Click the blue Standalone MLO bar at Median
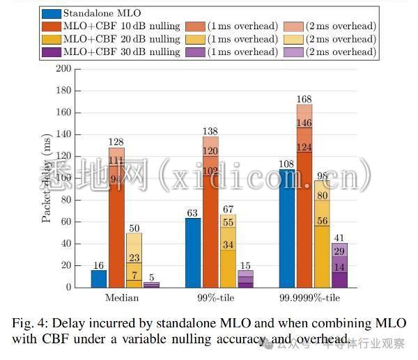coord(99,279)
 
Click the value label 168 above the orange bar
coord(304,99)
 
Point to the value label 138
coord(210,132)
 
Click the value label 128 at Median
coord(116,143)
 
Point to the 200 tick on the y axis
coord(63,69)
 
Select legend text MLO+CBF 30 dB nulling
coord(121,52)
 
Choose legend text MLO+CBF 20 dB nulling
coord(121,39)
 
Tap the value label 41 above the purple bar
coord(339,237)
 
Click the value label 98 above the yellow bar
coord(321,175)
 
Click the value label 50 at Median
coord(134,228)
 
